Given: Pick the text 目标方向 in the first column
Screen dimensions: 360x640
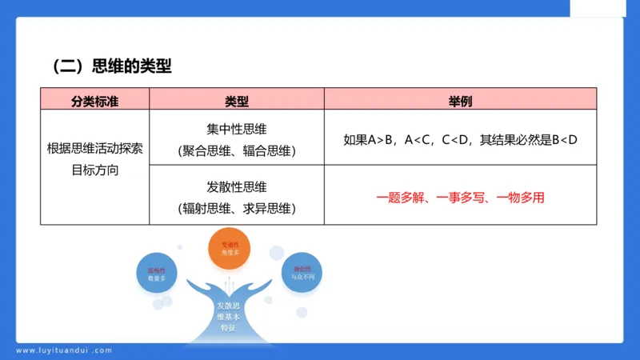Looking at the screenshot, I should click(94, 170).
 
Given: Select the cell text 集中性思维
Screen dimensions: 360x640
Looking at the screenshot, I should click(237, 128).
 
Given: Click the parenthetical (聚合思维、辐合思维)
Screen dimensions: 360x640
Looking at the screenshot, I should click(237, 150).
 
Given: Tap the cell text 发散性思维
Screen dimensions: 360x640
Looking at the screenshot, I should click(237, 187).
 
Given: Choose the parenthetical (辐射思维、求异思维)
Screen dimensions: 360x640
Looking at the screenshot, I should click(237, 209).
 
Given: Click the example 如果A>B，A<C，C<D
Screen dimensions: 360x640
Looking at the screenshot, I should click(407, 139).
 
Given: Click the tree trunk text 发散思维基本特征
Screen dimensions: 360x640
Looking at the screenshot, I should click(230, 317).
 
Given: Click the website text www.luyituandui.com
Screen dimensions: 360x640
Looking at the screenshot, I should click(64, 350).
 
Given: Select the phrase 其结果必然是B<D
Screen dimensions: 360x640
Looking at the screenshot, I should click(528, 139).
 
